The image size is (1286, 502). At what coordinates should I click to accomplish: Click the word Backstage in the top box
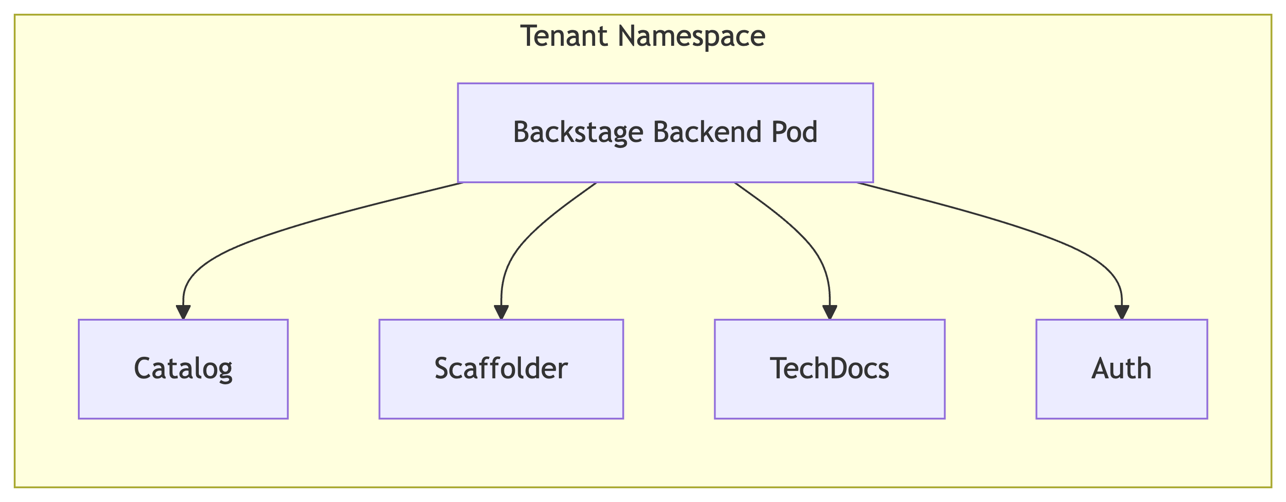click(578, 132)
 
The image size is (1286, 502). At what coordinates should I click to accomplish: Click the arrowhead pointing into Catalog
click(183, 312)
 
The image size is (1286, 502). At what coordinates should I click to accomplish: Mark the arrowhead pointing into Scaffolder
click(501, 312)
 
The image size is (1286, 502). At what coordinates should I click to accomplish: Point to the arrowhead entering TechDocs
click(829, 312)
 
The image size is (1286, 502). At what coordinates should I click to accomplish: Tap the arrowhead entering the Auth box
click(1122, 312)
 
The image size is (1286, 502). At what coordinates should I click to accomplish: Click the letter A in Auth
click(1100, 369)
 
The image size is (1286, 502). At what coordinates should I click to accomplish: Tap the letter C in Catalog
click(143, 369)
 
